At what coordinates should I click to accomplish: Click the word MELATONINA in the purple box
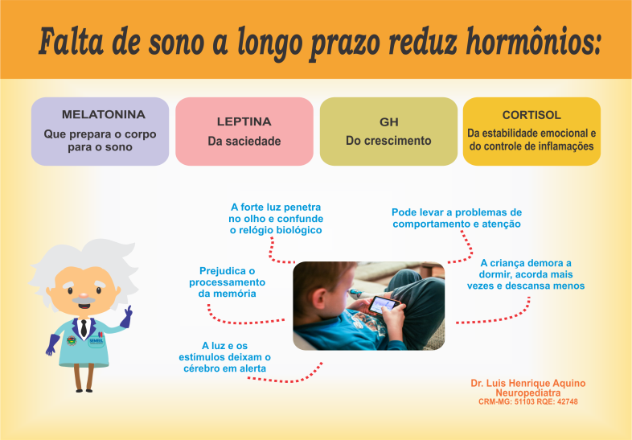104,114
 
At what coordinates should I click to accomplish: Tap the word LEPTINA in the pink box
244,121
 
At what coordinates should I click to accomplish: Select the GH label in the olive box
389,121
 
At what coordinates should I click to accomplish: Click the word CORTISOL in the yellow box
531,115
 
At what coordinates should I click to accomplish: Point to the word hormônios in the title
534,42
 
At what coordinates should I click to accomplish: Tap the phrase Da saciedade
244,141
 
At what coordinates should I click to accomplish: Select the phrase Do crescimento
388,141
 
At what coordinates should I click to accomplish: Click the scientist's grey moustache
84,301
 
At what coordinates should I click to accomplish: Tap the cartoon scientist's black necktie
84,328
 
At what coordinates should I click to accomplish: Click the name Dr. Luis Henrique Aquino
528,383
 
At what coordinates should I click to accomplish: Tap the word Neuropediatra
528,393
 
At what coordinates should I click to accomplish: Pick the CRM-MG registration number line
528,401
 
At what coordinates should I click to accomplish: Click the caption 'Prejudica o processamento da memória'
228,282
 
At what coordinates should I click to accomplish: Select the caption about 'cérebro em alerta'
224,357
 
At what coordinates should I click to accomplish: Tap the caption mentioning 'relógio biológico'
276,219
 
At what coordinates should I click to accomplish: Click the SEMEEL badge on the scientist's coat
96,341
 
